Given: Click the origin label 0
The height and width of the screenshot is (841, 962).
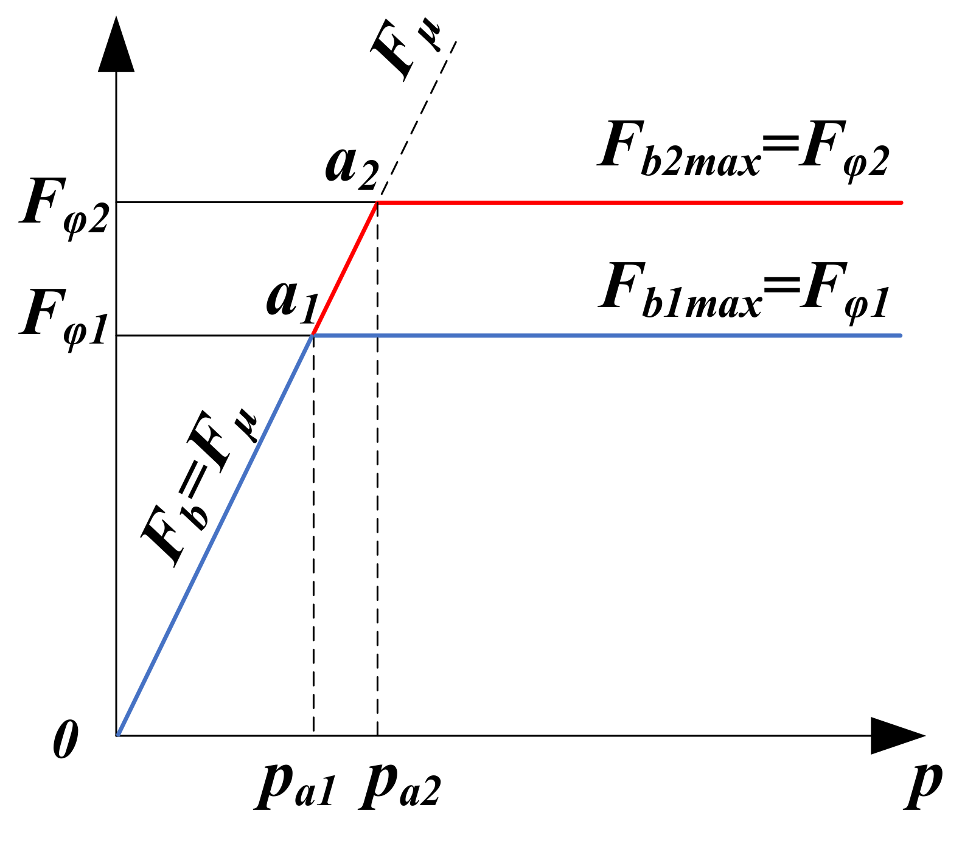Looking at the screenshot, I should coord(66,740).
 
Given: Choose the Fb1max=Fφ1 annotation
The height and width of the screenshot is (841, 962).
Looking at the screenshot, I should coord(744,291).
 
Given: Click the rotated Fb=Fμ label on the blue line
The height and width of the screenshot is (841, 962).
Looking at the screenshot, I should coord(200,486).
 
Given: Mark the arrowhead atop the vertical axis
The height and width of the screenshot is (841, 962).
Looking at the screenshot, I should coord(116,46).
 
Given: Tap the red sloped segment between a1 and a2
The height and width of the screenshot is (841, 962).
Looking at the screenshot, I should coord(345,268).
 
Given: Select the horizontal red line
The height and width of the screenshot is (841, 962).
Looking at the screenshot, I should coord(639,202).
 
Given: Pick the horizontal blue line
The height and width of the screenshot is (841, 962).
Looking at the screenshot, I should coord(608,335).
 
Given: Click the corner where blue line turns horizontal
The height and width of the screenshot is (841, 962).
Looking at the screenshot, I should coord(313,335).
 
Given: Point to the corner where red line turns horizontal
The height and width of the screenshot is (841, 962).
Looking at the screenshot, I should coord(377,202).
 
